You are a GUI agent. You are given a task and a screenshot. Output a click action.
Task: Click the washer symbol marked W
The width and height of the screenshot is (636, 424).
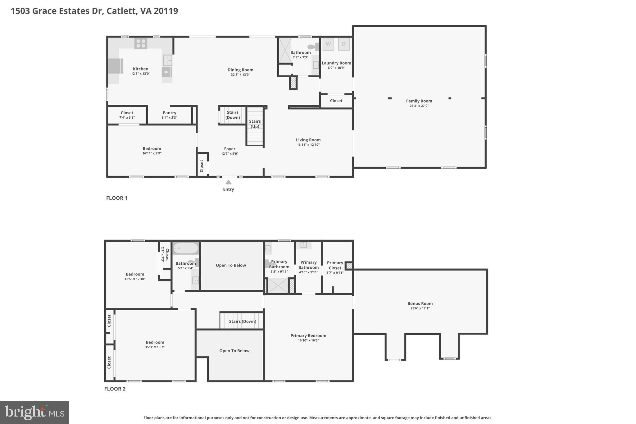pos(328,44)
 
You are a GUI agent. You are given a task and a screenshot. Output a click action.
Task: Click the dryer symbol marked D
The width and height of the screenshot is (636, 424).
pos(343,44)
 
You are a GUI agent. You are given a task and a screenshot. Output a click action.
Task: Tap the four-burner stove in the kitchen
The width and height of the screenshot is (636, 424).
pos(141,43)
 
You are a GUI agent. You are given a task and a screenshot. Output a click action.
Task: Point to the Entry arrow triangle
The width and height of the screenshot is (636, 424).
pos(228,182)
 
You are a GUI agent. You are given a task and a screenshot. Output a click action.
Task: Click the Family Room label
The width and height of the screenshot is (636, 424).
pos(419,101)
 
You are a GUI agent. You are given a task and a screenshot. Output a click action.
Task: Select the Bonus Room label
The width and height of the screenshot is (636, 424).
pos(420,303)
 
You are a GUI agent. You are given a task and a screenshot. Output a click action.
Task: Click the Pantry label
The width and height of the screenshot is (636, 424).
pos(170,113)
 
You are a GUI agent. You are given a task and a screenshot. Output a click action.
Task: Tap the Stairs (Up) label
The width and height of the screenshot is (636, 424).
pos(255,124)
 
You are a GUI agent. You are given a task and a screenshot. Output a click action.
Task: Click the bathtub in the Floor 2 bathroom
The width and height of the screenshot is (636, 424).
pos(185,248)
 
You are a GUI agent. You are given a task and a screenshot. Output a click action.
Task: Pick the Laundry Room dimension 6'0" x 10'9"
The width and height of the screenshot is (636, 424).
pos(336,68)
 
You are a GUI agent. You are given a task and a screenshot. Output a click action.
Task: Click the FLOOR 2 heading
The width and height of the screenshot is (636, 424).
pos(115,389)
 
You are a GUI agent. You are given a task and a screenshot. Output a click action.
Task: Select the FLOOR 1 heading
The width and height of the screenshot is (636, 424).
pos(117,198)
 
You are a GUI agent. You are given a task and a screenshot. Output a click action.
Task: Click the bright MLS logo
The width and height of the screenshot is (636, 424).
pos(34,413)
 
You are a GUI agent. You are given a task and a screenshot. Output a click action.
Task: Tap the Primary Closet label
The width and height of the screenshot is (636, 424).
pos(335,265)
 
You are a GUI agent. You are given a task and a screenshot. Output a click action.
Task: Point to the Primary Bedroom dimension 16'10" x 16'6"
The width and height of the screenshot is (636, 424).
pos(308,340)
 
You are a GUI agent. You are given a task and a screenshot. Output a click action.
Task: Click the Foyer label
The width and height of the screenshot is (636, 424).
pos(230,149)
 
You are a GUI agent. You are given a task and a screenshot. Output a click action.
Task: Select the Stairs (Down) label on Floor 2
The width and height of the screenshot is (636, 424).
pos(243,321)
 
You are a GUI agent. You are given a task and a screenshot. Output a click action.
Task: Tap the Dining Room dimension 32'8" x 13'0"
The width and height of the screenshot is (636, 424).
pos(240,75)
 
